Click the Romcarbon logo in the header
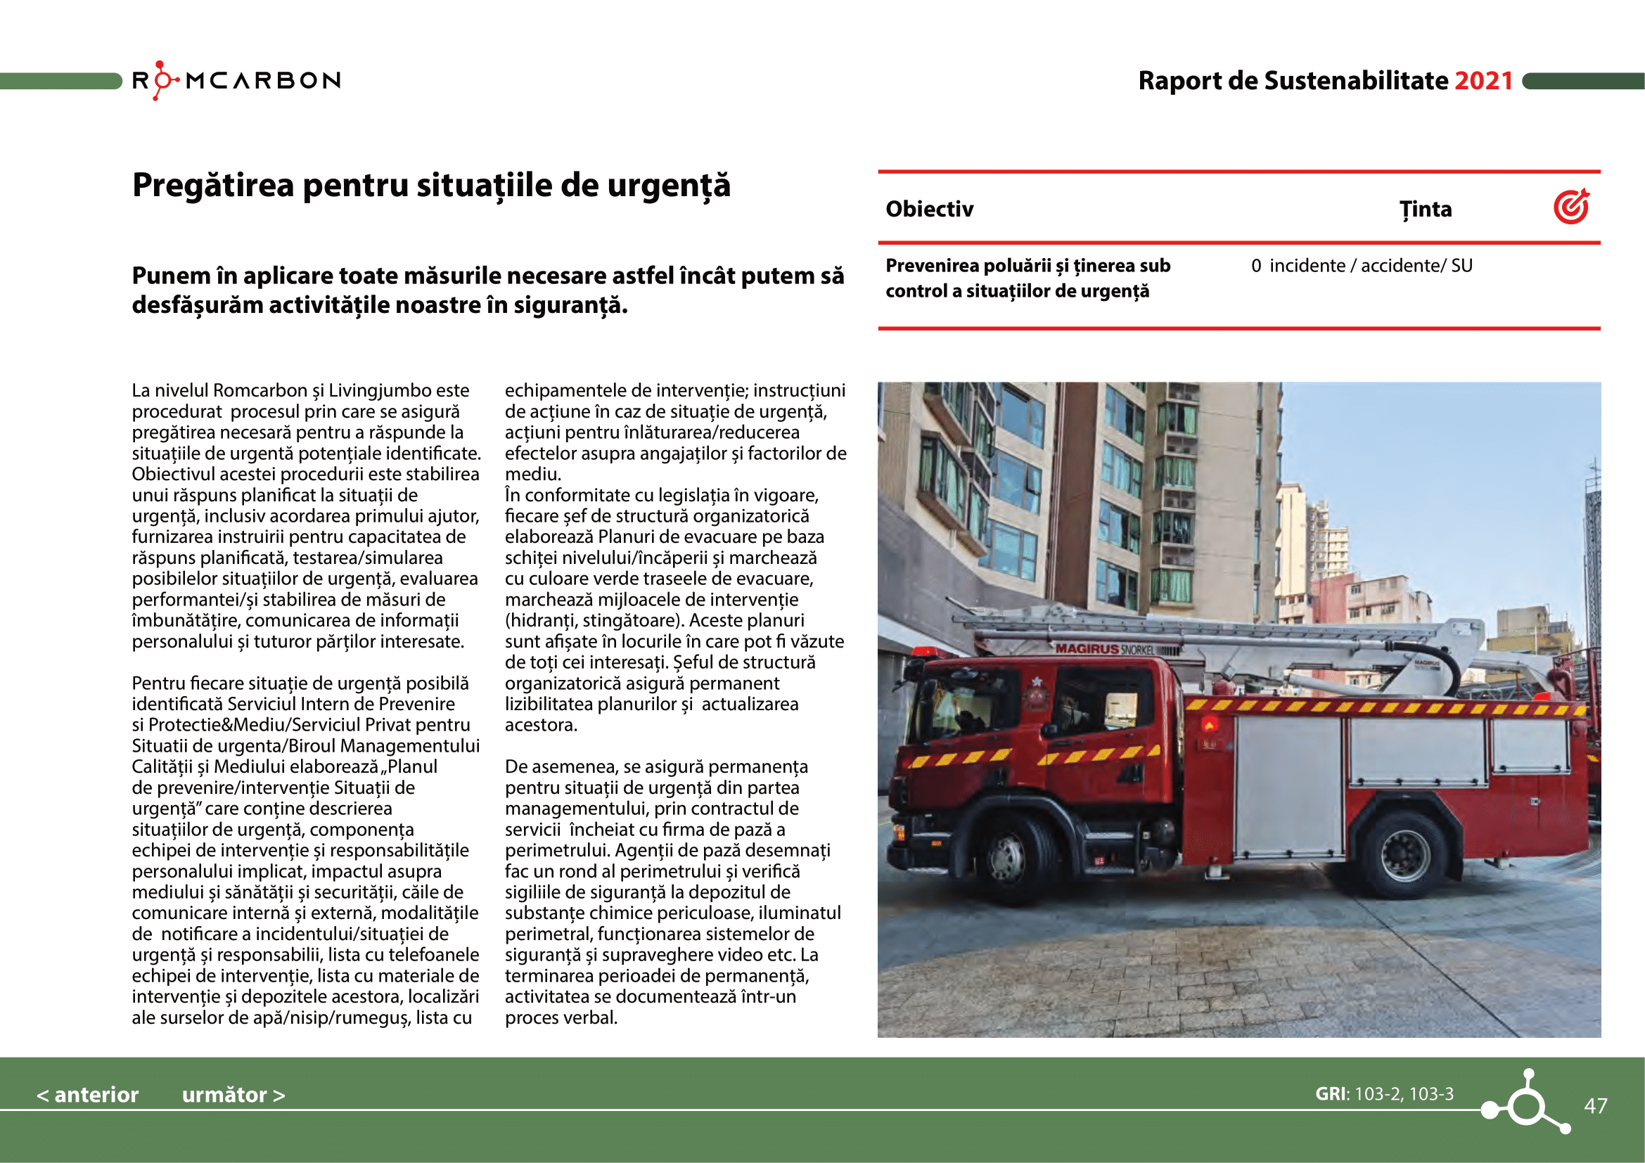pos(236,80)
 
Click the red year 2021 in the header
pos(1483,81)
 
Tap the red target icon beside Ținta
pos(1571,207)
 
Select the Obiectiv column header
pos(929,209)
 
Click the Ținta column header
pos(1425,209)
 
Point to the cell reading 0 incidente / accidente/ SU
pos(1362,266)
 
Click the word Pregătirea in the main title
pos(213,186)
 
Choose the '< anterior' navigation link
pos(87,1094)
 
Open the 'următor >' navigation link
pos(233,1094)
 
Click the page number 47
pos(1595,1106)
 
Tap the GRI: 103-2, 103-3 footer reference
pos(1384,1093)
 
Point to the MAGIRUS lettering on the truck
pos(1087,648)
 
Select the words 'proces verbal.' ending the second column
pos(561,1017)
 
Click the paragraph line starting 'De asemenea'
pos(655,767)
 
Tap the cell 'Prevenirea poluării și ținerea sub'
pos(1028,266)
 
